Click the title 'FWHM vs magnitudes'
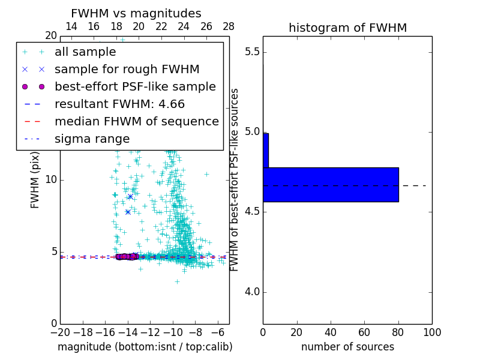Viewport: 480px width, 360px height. [x=136, y=13]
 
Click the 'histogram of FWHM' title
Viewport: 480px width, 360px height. [x=347, y=28]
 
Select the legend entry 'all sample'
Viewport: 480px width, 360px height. [x=85, y=52]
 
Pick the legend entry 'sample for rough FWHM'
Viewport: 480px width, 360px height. [x=127, y=69]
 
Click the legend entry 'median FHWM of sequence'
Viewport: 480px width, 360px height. [x=136, y=121]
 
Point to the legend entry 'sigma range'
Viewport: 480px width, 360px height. [x=92, y=139]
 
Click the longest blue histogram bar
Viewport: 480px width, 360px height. [x=331, y=184]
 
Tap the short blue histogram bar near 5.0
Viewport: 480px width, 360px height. [x=266, y=150]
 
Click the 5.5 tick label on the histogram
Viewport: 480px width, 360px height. [x=251, y=52]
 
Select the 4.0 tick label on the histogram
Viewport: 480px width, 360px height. [x=251, y=292]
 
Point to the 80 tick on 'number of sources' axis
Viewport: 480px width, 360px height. [x=398, y=332]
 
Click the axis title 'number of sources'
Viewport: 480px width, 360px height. [x=347, y=347]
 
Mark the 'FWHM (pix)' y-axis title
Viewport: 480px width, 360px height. [x=35, y=179]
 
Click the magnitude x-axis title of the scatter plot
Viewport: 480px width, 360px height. [x=145, y=347]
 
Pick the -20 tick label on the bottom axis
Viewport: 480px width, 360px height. [x=60, y=332]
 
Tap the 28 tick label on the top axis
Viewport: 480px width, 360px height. [x=229, y=26]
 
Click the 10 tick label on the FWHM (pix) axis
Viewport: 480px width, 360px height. [x=51, y=179]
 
